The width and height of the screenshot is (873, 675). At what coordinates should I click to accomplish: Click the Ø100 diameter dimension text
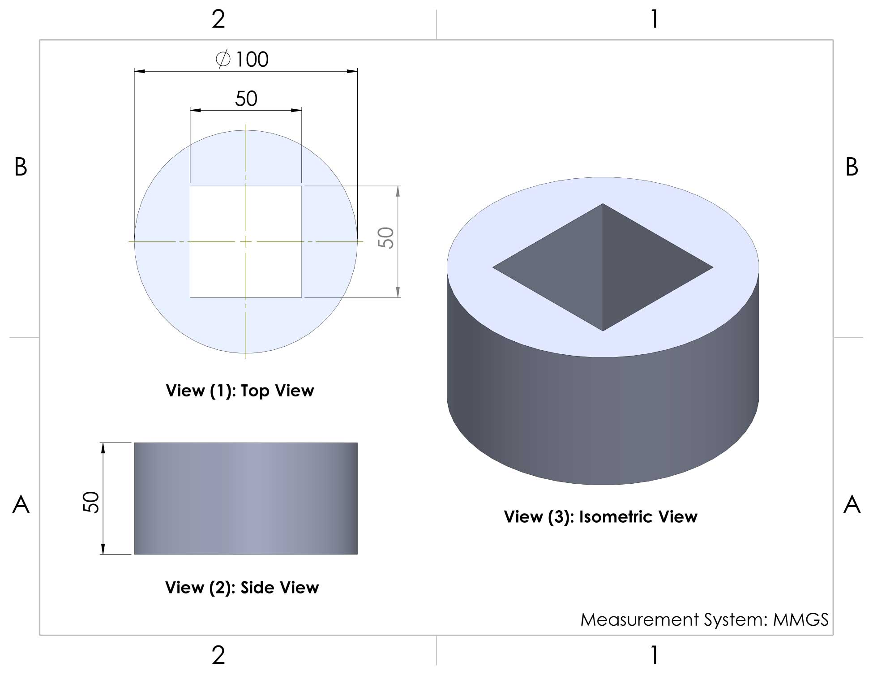point(242,59)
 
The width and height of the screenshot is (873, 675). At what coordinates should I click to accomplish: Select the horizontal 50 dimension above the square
point(246,99)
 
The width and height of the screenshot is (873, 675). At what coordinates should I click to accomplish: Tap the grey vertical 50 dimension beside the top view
point(385,238)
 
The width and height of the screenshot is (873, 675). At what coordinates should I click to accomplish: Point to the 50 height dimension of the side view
point(91,502)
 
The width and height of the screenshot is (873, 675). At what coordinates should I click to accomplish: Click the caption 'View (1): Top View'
point(240,391)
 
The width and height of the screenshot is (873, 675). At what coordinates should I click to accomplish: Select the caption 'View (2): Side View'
point(242,587)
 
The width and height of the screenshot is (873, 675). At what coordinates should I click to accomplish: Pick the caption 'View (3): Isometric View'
point(601,517)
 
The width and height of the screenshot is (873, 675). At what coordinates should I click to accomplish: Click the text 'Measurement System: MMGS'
point(705,619)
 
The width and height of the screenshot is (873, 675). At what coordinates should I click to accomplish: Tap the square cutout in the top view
point(246,241)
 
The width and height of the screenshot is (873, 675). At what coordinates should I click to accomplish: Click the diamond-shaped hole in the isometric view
point(603,267)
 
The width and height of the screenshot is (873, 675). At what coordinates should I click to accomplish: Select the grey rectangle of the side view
point(246,499)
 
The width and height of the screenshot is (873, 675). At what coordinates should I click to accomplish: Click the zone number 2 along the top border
point(218,19)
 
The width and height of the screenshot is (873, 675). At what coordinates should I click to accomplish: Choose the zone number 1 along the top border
point(655,19)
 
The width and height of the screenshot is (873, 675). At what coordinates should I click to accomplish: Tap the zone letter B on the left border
point(21,167)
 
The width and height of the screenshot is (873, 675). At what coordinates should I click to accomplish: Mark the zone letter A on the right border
point(852,504)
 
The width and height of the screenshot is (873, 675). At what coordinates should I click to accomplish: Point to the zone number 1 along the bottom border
point(655,655)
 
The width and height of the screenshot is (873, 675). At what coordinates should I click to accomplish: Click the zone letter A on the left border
point(21,504)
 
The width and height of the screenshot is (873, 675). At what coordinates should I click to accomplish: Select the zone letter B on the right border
point(852,167)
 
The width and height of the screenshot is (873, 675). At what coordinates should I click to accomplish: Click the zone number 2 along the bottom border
point(218,655)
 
